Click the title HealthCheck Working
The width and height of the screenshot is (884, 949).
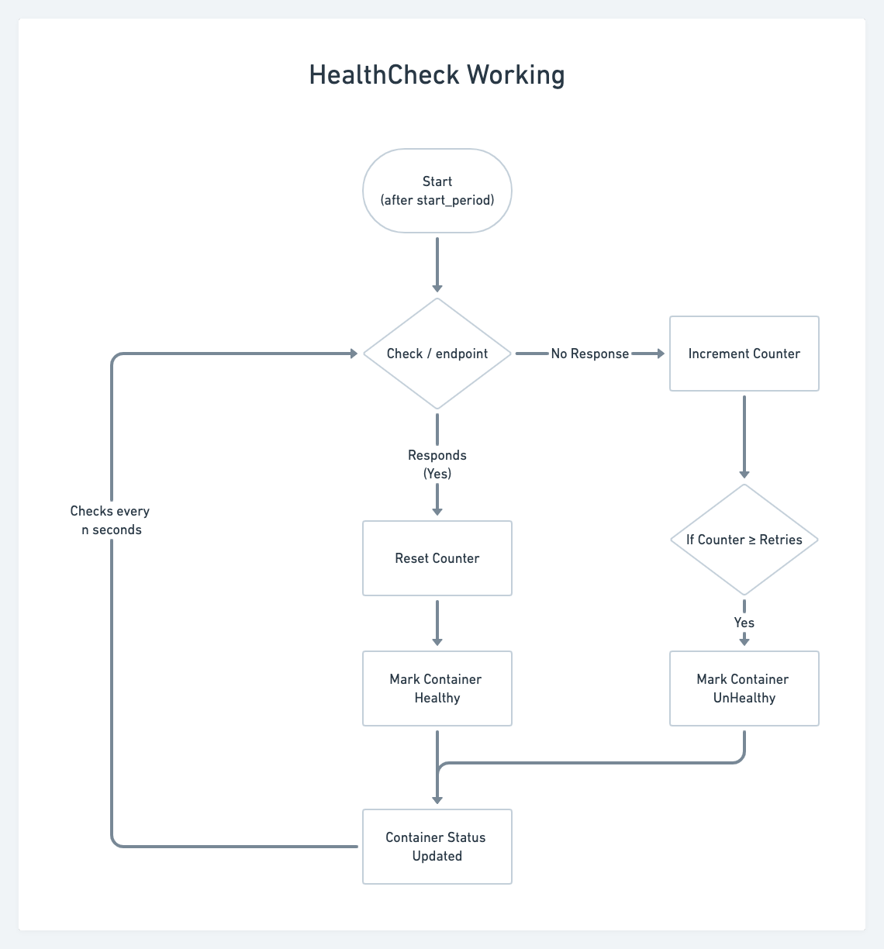437,75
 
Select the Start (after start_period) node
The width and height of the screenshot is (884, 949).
437,191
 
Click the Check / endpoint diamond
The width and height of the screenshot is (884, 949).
437,354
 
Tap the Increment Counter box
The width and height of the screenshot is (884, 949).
744,354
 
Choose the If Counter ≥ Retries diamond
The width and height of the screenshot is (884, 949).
744,540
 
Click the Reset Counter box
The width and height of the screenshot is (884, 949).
437,558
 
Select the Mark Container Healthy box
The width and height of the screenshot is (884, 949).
437,688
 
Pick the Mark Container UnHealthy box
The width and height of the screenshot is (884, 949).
744,688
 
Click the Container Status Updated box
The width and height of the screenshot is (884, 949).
437,847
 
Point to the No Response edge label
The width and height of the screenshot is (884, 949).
590,354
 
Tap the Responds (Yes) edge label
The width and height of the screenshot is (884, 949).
437,464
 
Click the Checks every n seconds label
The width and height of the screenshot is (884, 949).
110,520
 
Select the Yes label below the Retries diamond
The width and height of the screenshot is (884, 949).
744,623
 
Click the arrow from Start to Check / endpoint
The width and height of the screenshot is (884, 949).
437,264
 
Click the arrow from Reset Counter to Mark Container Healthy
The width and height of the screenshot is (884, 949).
437,622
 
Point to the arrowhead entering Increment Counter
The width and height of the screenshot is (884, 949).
661,354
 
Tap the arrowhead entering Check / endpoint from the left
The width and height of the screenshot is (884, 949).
354,354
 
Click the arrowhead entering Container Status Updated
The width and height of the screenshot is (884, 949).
437,799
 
